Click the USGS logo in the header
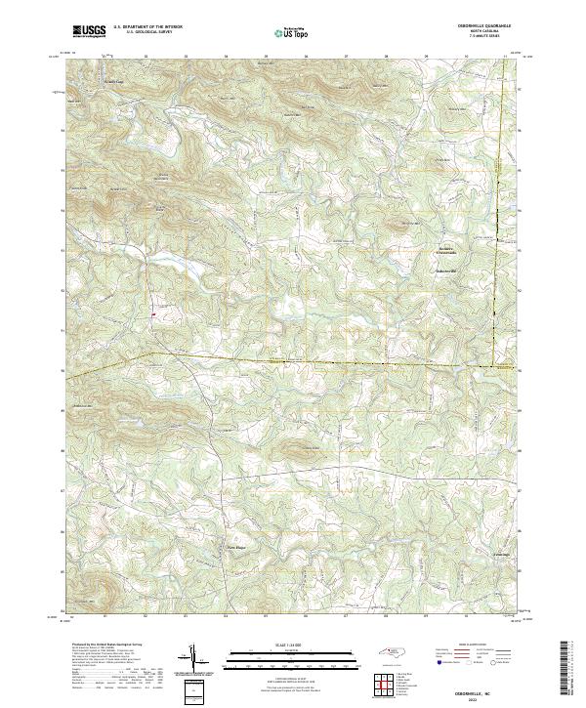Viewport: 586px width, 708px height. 89,32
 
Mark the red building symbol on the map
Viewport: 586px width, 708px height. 153,314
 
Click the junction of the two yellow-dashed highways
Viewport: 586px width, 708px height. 495,368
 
